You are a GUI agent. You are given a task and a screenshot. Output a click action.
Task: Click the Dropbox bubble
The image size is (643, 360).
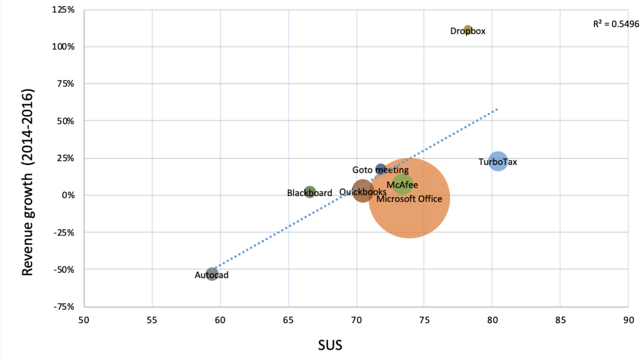(x=468, y=29)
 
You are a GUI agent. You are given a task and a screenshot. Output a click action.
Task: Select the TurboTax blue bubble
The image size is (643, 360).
(x=498, y=161)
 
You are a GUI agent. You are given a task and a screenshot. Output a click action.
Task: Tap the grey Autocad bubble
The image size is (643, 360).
(x=212, y=274)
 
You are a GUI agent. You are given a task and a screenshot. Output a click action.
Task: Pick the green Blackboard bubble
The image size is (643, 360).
(x=310, y=192)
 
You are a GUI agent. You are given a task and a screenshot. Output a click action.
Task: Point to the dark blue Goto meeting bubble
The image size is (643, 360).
(x=381, y=169)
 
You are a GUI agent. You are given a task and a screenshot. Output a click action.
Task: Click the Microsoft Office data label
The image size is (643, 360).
(x=409, y=199)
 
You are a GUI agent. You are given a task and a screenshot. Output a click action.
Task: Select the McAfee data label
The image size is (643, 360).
(x=402, y=185)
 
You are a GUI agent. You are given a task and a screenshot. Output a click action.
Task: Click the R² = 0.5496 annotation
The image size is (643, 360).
(x=616, y=24)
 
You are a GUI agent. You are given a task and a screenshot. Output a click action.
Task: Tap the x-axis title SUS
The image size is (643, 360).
(x=330, y=345)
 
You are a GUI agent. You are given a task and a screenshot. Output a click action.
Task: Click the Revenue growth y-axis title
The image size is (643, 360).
(x=28, y=182)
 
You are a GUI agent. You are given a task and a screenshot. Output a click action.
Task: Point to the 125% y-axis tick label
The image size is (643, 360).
(x=63, y=10)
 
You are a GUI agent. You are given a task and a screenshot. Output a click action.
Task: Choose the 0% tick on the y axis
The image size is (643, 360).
(x=68, y=195)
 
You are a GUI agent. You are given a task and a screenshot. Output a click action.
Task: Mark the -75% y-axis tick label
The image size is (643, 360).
(x=64, y=307)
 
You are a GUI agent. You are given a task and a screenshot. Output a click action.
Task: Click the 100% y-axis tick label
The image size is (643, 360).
(x=63, y=47)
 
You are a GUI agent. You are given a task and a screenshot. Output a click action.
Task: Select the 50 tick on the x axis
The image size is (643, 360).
(x=84, y=320)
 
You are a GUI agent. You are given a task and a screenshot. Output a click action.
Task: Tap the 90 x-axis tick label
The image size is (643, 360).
(x=628, y=320)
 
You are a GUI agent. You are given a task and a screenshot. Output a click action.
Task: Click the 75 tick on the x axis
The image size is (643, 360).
(x=424, y=320)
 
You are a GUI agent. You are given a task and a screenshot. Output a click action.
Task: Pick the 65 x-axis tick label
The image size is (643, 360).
(x=288, y=320)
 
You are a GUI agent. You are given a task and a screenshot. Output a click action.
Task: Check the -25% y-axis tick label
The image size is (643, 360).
(x=64, y=232)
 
